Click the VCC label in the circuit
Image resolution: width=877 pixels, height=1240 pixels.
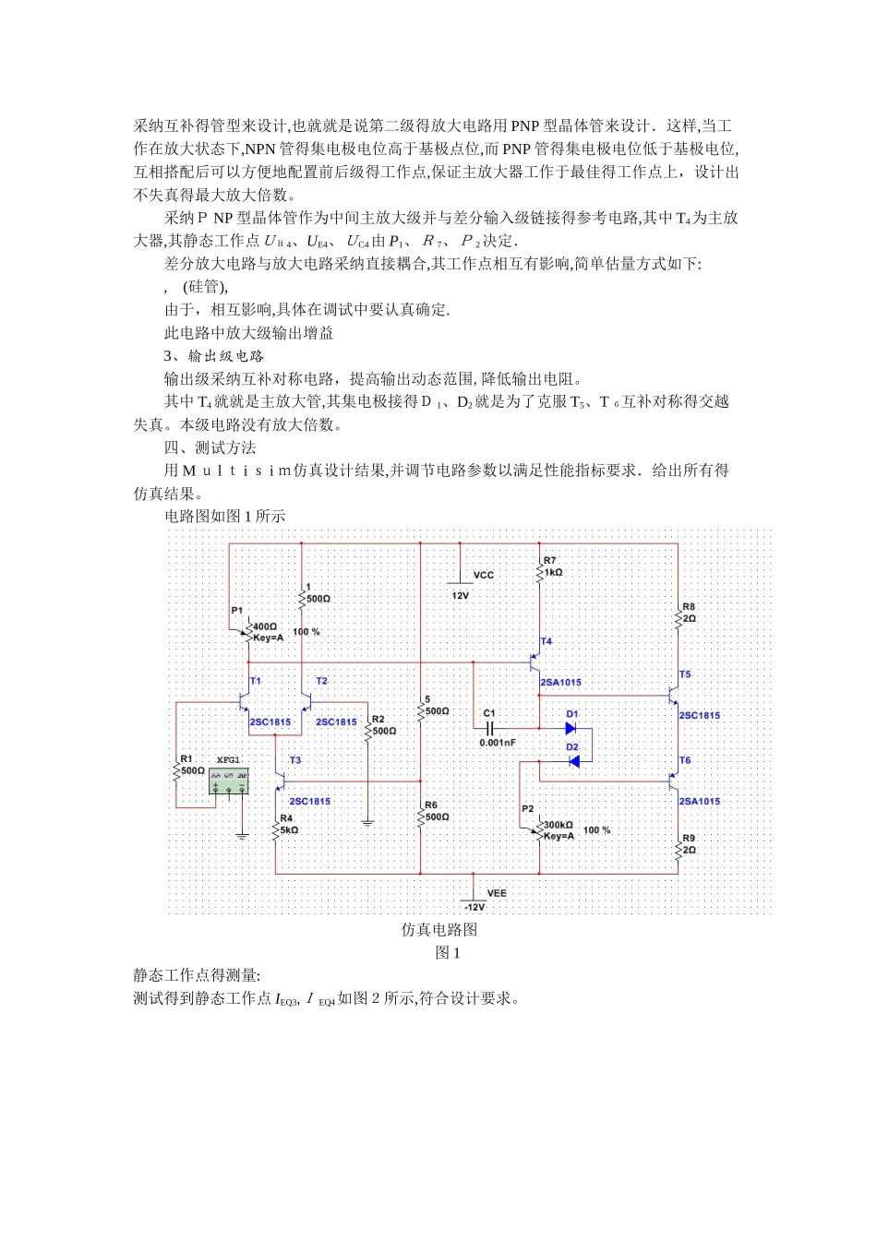(484, 575)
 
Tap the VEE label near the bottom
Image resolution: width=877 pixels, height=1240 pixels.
(497, 893)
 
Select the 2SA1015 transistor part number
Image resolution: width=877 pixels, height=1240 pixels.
(561, 683)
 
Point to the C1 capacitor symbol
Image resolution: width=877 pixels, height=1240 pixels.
(490, 728)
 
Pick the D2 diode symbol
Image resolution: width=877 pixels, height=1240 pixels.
(573, 761)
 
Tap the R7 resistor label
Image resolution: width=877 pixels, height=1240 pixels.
(550, 560)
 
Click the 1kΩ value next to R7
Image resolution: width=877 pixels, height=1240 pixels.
(553, 572)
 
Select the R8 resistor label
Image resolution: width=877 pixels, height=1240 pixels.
(689, 607)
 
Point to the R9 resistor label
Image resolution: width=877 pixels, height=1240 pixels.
(689, 839)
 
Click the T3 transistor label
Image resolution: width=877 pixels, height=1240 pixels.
(295, 760)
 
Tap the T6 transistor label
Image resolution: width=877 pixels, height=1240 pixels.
(685, 760)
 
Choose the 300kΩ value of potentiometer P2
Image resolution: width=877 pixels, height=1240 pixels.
(559, 825)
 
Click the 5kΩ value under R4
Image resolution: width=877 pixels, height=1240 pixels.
(289, 829)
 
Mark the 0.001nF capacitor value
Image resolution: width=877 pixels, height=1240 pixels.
(498, 743)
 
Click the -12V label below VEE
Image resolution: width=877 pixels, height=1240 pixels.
(475, 908)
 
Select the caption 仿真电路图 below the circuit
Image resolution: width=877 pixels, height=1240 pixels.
(439, 929)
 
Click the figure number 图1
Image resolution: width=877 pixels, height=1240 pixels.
(448, 952)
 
